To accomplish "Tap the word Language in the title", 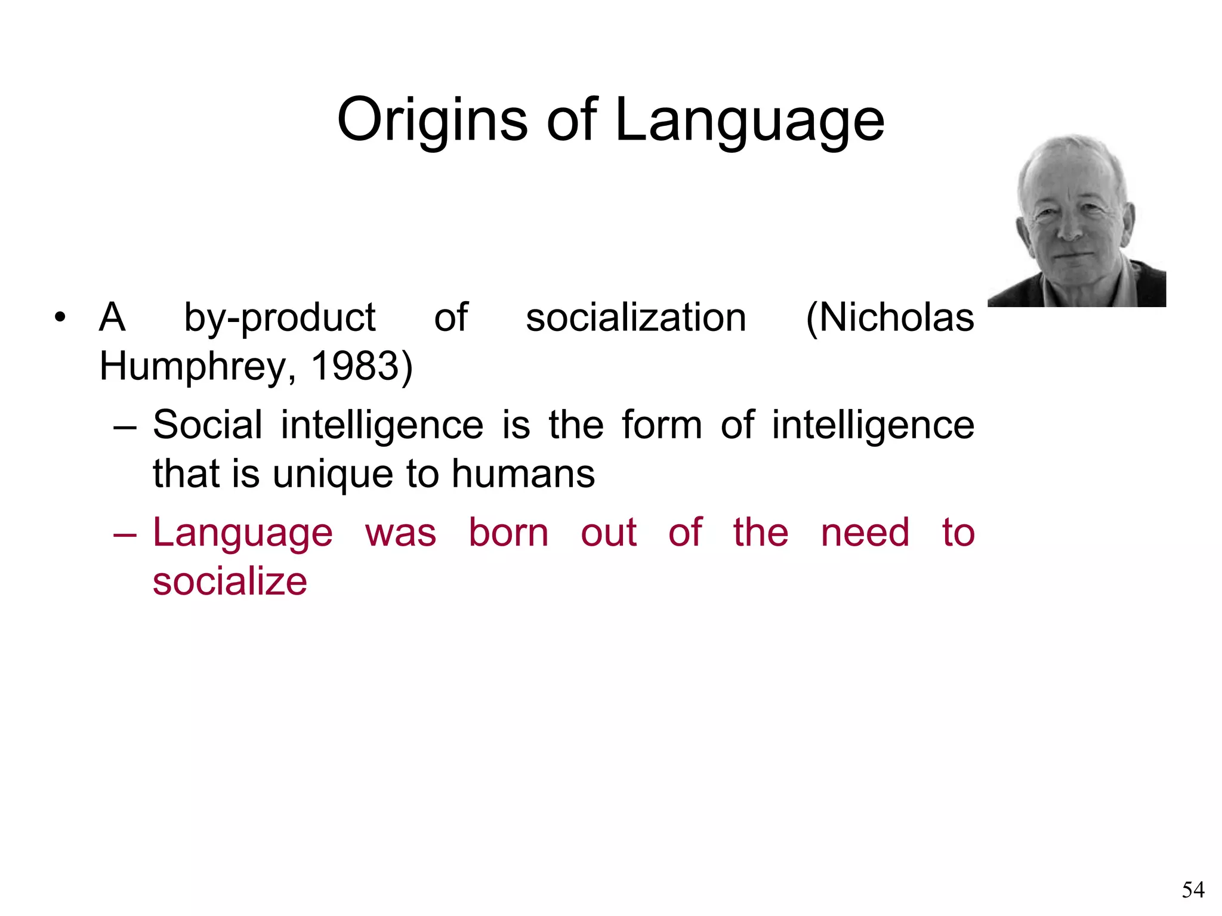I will click(749, 121).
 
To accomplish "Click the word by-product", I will click(279, 318).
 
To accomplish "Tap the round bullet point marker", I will click(59, 317).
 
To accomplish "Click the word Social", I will click(207, 425).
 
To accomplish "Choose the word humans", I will click(523, 474).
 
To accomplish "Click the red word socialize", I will click(230, 581).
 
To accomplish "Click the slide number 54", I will click(1193, 890).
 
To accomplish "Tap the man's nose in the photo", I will click(1072, 228).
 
